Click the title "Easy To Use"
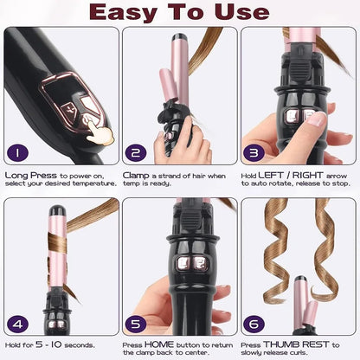pos(180,12)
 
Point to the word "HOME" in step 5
pos(160,344)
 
